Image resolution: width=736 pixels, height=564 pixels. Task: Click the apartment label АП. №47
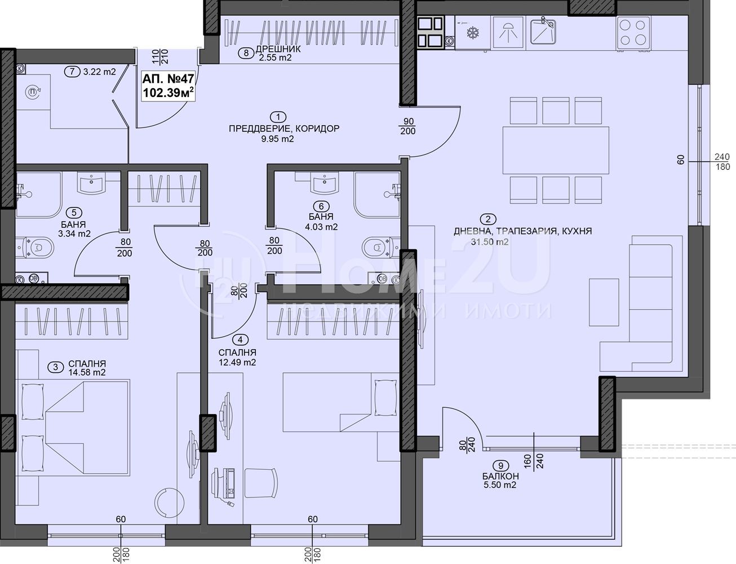coord(168,78)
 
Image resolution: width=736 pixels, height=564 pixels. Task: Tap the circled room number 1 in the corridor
coord(278,117)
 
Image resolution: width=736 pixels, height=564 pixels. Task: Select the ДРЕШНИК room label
coord(278,49)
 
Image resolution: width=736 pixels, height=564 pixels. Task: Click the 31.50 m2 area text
coord(490,241)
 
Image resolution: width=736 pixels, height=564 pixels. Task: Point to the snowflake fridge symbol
coord(472,33)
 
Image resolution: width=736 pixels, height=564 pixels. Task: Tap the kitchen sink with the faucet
coord(543,32)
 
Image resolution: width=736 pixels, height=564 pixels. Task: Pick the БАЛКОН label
coord(500,476)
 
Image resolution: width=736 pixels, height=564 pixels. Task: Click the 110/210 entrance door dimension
coord(160,57)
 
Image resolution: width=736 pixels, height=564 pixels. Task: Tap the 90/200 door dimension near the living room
coord(408,126)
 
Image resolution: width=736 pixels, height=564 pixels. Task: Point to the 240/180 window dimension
coord(722,162)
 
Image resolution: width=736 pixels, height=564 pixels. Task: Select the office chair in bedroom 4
coord(260,483)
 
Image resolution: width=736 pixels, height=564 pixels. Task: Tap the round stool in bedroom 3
coord(170,502)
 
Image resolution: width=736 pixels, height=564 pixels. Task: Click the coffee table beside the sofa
coord(604,302)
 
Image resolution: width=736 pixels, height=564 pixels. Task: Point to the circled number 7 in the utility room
coord(72,72)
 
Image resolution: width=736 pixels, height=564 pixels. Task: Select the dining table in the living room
coord(556,150)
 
